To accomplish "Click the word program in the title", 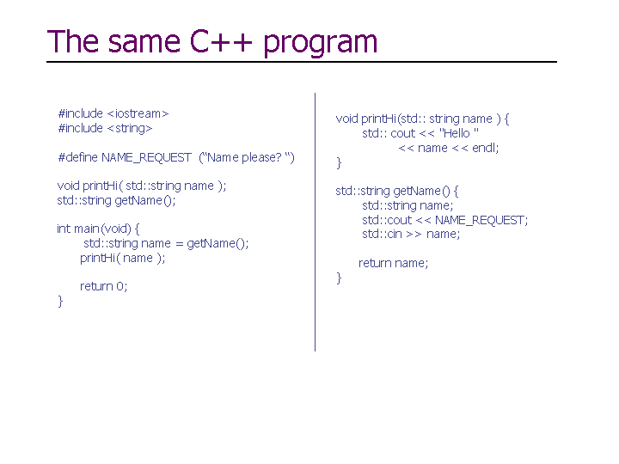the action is (x=320, y=43).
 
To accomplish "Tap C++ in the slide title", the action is (x=221, y=41).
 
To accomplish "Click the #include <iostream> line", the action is (x=113, y=113).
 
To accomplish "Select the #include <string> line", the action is (x=105, y=128).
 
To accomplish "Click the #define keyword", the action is (x=77, y=157).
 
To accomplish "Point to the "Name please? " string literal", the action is (x=247, y=157).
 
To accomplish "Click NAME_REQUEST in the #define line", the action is (x=146, y=158).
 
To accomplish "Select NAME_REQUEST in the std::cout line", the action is (x=480, y=220).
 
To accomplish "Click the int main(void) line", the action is (x=98, y=229).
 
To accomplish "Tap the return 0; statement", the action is (x=103, y=286).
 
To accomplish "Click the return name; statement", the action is (x=393, y=263).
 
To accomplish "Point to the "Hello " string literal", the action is (x=459, y=133).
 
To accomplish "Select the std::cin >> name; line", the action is (x=411, y=234).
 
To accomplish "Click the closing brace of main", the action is (x=60, y=302).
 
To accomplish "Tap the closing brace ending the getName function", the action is (x=339, y=278).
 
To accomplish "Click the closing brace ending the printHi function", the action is (x=339, y=162).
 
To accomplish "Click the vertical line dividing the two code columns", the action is (x=315, y=223).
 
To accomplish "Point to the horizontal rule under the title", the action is (x=302, y=62).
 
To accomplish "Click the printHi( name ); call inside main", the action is (x=122, y=258).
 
